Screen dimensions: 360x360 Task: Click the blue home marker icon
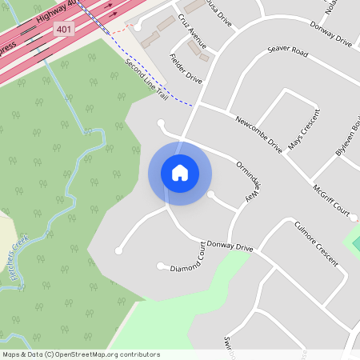(x=180, y=173)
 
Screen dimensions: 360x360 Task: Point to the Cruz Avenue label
(x=192, y=31)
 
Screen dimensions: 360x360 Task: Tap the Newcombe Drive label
(x=259, y=134)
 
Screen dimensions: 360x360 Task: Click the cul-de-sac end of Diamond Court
(x=161, y=266)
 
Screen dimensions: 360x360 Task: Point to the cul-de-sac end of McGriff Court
(x=353, y=216)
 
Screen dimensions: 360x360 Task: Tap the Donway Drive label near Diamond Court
(x=230, y=246)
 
